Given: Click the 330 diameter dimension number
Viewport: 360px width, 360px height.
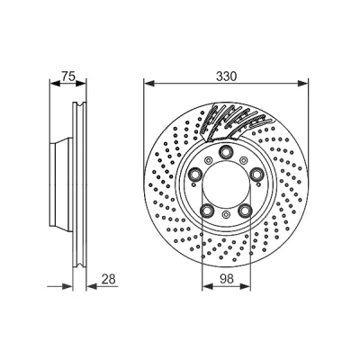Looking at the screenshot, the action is [x=226, y=76].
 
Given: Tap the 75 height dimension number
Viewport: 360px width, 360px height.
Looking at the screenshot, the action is [x=67, y=76].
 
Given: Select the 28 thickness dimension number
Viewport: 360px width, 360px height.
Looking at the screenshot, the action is [x=108, y=279].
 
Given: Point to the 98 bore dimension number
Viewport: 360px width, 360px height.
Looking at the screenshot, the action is [x=227, y=279].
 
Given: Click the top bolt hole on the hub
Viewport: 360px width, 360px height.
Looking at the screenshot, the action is [x=225, y=151].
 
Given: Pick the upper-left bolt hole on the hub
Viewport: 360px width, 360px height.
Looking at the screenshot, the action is [x=196, y=174].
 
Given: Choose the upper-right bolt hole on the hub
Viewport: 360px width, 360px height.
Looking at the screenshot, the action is [x=256, y=174].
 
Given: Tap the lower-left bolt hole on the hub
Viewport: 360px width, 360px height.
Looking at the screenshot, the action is [x=207, y=210].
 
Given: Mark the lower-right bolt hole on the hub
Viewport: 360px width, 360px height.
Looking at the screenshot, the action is [x=245, y=210].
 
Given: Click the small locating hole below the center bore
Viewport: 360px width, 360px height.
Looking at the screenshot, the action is [x=226, y=214].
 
